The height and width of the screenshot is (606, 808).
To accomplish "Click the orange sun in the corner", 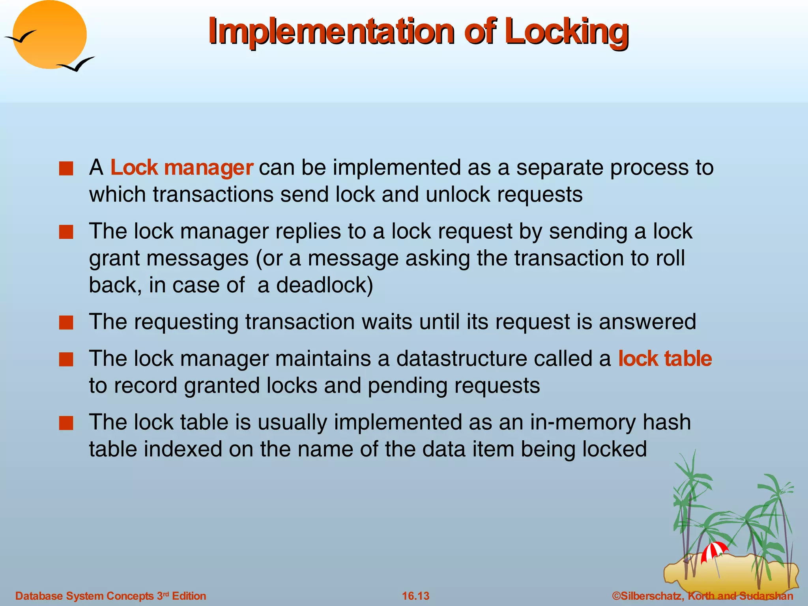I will (x=49, y=35).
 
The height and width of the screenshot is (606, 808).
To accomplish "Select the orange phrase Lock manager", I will (x=181, y=168).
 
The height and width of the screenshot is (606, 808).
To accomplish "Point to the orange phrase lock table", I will (x=665, y=359).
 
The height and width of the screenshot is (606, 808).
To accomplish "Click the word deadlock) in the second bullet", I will (x=324, y=285).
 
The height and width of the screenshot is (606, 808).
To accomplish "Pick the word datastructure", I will (x=462, y=359).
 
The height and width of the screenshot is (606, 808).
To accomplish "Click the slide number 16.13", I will (x=415, y=596).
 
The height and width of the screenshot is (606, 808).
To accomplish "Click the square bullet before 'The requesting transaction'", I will (x=66, y=322).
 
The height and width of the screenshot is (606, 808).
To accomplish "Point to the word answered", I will (x=647, y=322).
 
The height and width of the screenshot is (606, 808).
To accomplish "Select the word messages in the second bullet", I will (x=198, y=258).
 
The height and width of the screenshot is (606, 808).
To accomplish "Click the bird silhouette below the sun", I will (x=76, y=64).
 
